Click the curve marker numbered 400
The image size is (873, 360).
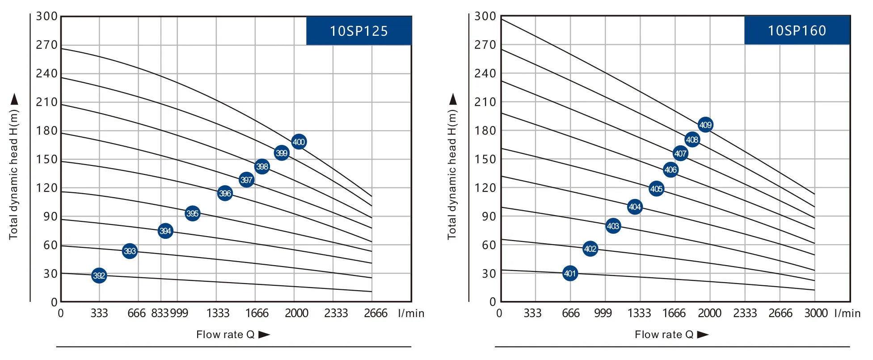[299, 142]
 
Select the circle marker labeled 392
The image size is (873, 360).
[99, 275]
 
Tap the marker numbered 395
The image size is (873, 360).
[192, 213]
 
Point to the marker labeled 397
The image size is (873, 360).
[246, 180]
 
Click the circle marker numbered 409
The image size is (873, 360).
[705, 125]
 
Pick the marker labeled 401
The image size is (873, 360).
[570, 273]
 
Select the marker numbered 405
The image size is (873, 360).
[656, 189]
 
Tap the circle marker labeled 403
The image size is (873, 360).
[613, 226]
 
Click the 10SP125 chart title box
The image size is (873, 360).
[358, 31]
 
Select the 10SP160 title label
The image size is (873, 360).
[797, 30]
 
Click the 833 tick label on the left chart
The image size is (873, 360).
[160, 313]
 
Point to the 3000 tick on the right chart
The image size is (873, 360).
[816, 313]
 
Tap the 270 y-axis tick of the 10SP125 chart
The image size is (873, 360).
[47, 45]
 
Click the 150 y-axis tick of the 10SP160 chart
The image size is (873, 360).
[485, 159]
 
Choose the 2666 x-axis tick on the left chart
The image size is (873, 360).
[375, 313]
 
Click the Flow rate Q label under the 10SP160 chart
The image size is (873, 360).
[664, 335]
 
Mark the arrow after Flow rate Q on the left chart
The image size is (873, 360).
[264, 335]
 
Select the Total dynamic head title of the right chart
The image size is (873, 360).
[452, 174]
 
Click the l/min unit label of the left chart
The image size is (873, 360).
[411, 313]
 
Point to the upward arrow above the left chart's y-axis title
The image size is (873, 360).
[15, 99]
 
